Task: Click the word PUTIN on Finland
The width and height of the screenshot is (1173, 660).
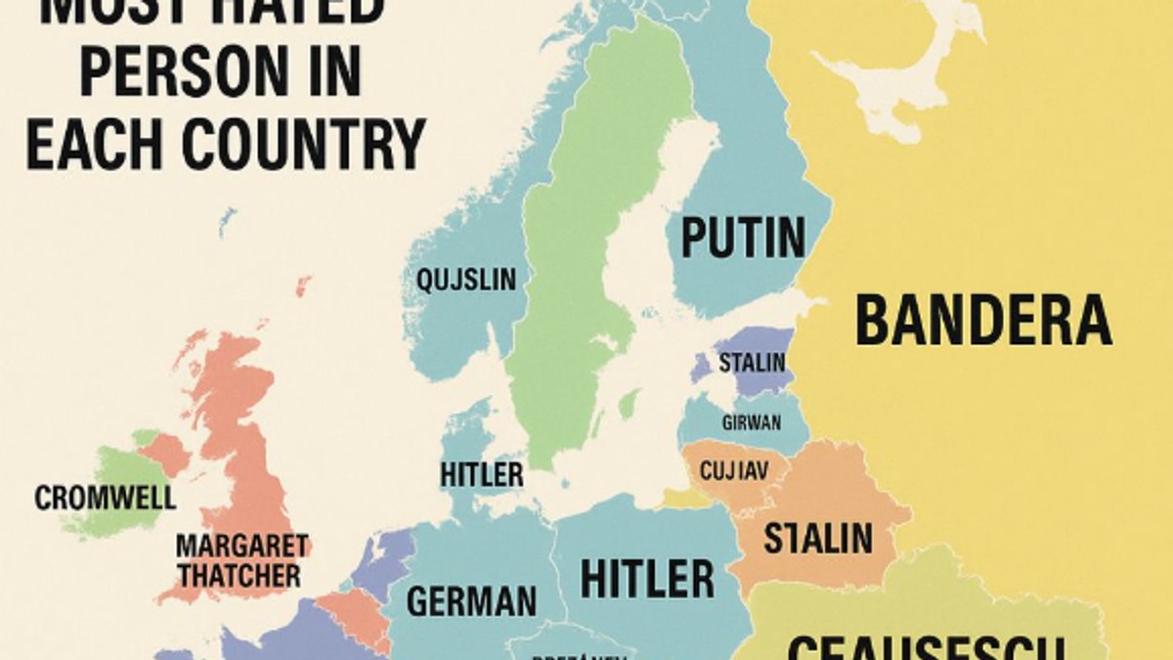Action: [743, 238]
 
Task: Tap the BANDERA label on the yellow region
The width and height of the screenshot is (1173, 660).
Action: [982, 321]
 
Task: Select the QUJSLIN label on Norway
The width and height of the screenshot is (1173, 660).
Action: [466, 280]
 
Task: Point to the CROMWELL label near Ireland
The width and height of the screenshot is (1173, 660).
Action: [106, 498]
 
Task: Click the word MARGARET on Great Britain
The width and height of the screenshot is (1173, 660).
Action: [242, 546]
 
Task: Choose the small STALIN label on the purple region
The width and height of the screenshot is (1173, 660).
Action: [752, 363]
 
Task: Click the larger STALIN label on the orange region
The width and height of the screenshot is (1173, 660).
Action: [817, 538]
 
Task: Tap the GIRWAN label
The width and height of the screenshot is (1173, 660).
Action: [751, 423]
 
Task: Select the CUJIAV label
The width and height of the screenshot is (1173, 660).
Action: [733, 471]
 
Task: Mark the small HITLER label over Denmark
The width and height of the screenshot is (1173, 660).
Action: [481, 475]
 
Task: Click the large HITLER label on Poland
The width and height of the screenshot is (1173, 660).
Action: [647, 579]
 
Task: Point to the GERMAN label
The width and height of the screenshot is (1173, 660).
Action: [471, 600]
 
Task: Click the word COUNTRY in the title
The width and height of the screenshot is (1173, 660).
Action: [305, 144]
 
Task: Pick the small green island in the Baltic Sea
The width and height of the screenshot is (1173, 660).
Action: [629, 403]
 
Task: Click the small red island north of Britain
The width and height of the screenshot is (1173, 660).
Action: [303, 286]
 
